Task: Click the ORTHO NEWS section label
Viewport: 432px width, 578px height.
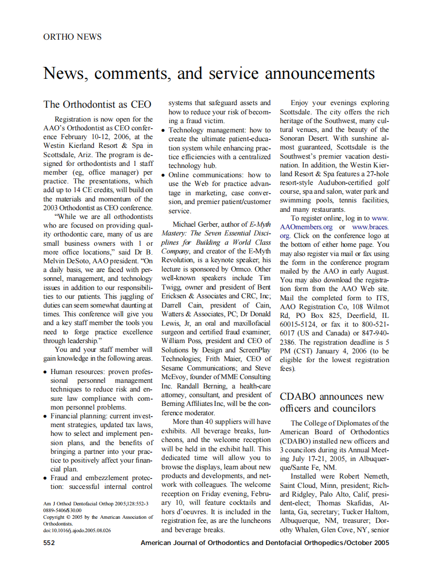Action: pyautogui.click(x=72, y=37)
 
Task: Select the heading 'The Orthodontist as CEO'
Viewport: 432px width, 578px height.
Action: pyautogui.click(x=97, y=105)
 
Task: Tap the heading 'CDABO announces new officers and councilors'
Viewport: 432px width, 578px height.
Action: pyautogui.click(x=332, y=402)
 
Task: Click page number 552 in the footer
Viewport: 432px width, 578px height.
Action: pyautogui.click(x=49, y=543)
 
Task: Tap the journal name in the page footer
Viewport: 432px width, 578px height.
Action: pyautogui.click(x=264, y=543)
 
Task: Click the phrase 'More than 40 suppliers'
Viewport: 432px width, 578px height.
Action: pyautogui.click(x=214, y=421)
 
